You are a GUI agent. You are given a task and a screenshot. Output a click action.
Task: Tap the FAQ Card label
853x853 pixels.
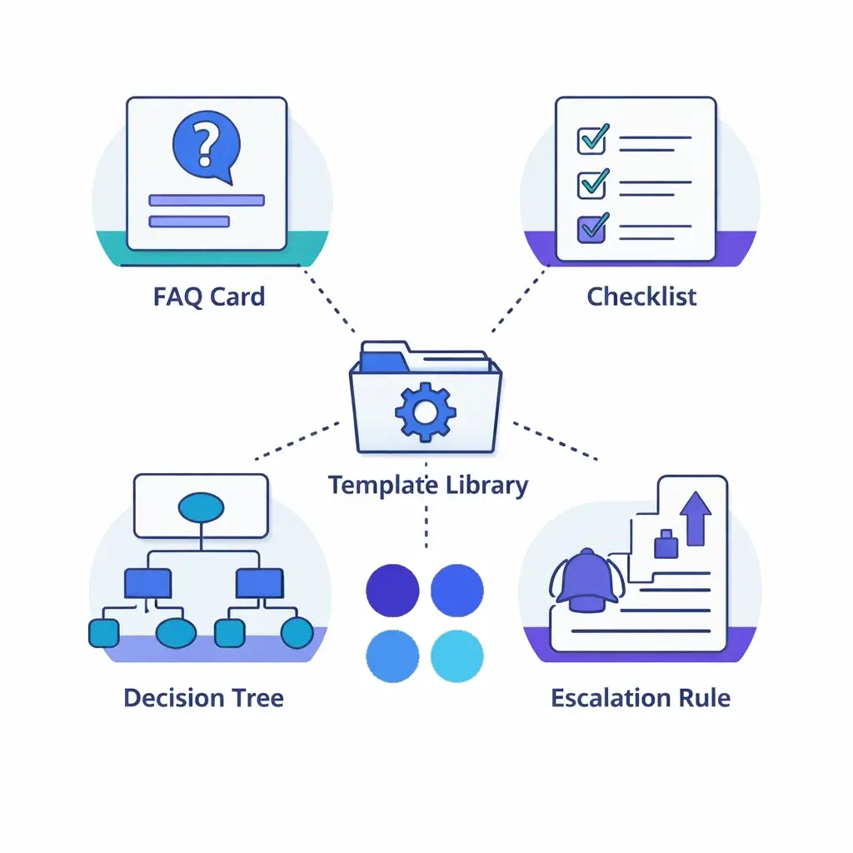[209, 297]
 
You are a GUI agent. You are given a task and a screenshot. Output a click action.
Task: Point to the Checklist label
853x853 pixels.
[641, 297]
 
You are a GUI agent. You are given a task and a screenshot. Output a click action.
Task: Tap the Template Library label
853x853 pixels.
[427, 485]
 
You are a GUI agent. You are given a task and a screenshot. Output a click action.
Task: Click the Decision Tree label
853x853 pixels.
[203, 697]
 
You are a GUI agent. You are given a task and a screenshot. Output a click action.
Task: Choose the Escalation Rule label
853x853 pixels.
[641, 697]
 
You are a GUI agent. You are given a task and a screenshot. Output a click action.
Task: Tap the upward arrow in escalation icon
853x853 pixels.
[696, 516]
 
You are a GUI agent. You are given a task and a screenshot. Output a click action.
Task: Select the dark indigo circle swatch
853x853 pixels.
[392, 590]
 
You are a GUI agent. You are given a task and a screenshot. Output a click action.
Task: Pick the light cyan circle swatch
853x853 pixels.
[456, 655]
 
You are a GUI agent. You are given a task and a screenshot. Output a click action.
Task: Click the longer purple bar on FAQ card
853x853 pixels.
[206, 200]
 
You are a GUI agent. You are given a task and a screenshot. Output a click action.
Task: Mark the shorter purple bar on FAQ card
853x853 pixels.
[188, 221]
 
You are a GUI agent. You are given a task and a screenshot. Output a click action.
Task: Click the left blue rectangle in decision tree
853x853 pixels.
[147, 584]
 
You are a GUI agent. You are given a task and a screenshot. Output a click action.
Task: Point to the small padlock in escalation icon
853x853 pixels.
[667, 545]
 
